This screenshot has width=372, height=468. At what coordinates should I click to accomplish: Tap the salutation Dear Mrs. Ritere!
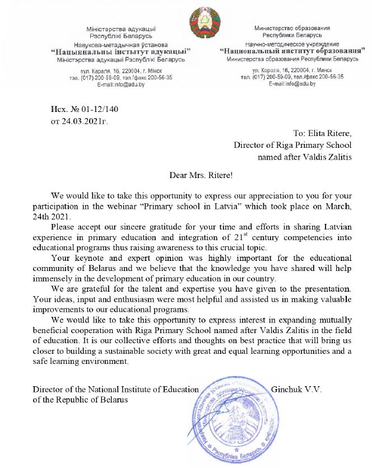point(201,174)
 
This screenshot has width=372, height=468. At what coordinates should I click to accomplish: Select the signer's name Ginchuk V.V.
point(296,389)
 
